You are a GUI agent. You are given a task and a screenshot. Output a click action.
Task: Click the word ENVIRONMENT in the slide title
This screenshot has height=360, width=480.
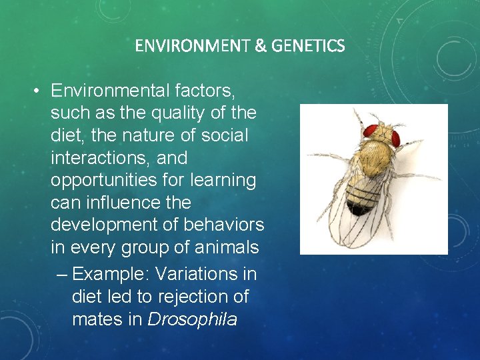[x=192, y=46]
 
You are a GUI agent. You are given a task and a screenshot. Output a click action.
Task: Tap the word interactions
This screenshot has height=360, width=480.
[x=95, y=158]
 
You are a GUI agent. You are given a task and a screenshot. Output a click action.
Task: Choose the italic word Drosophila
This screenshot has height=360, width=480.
[x=192, y=319]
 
